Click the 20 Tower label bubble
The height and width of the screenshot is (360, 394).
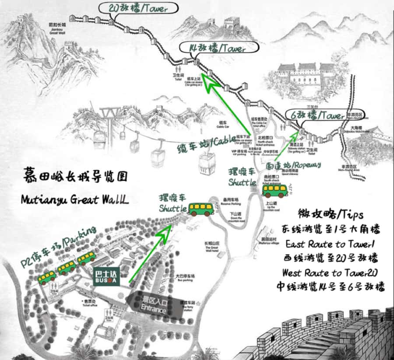(x=138, y=8)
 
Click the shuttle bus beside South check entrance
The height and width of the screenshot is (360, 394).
(x=274, y=190)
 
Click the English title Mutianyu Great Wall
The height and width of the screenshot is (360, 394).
(x=74, y=199)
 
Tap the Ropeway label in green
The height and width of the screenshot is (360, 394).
(x=293, y=165)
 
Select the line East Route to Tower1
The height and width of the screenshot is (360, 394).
(x=333, y=244)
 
